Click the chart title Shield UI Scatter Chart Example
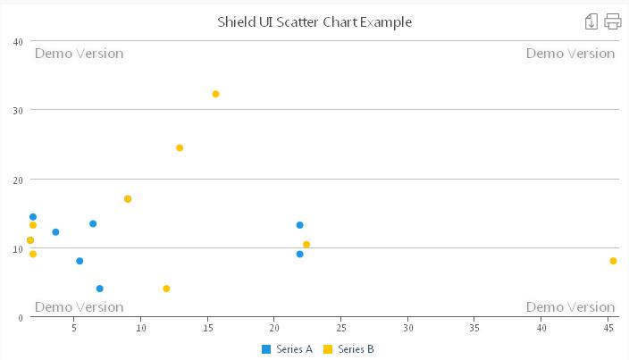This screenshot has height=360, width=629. [314, 21]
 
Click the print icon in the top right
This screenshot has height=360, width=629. [613, 21]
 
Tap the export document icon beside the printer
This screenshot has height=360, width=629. [591, 21]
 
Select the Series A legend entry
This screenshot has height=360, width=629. [287, 349]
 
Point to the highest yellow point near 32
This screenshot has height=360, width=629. [215, 94]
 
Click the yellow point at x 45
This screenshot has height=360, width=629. [613, 261]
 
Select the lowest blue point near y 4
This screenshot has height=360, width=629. [99, 289]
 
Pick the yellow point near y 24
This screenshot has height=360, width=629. [180, 147]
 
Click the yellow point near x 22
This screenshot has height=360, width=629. [306, 244]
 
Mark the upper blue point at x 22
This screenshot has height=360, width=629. [300, 225]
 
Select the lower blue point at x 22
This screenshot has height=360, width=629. [300, 254]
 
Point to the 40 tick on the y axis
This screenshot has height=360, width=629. [18, 41]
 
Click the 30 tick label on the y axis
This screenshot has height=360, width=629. [18, 110]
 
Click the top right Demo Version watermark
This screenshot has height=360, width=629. [570, 54]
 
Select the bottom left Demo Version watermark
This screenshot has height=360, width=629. [79, 307]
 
